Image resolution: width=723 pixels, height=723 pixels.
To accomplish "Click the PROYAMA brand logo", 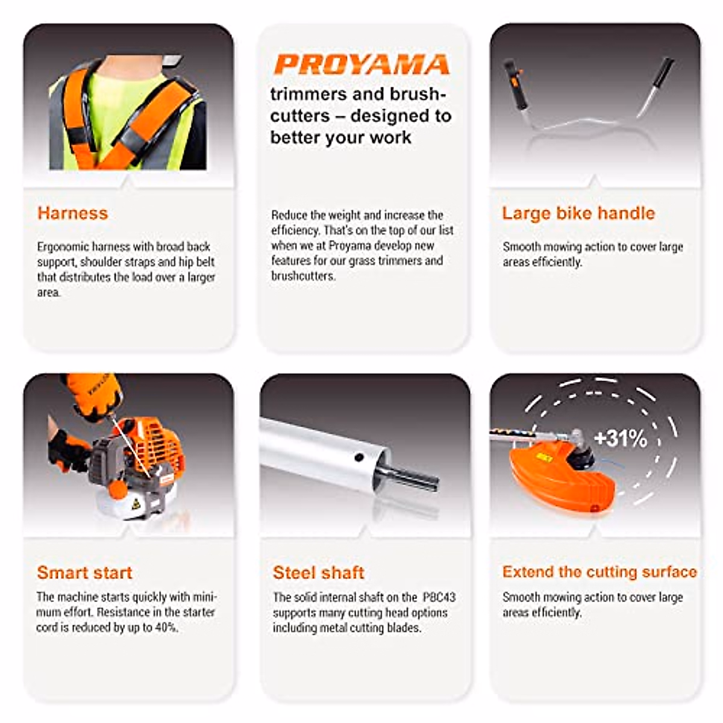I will click(x=361, y=65).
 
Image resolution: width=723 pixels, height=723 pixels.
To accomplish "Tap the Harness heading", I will click(x=72, y=213).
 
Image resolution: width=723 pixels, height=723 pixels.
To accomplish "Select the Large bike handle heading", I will click(x=578, y=213).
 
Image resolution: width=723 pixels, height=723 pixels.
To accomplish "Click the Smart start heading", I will click(x=84, y=572).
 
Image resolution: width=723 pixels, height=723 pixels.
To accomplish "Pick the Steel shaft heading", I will click(x=318, y=572).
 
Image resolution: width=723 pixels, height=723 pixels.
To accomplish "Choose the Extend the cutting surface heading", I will click(x=599, y=572).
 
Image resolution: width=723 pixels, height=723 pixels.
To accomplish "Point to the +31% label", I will click(x=620, y=438).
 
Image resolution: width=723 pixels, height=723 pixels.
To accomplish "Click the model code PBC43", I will click(x=439, y=598).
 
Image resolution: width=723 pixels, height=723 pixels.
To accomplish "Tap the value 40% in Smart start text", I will click(x=166, y=628).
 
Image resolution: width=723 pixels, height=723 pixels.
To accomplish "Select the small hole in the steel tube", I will click(x=359, y=458).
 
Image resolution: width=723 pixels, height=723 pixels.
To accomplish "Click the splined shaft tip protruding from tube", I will click(x=416, y=478).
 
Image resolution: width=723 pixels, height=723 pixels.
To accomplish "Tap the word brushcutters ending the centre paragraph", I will click(x=302, y=276).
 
